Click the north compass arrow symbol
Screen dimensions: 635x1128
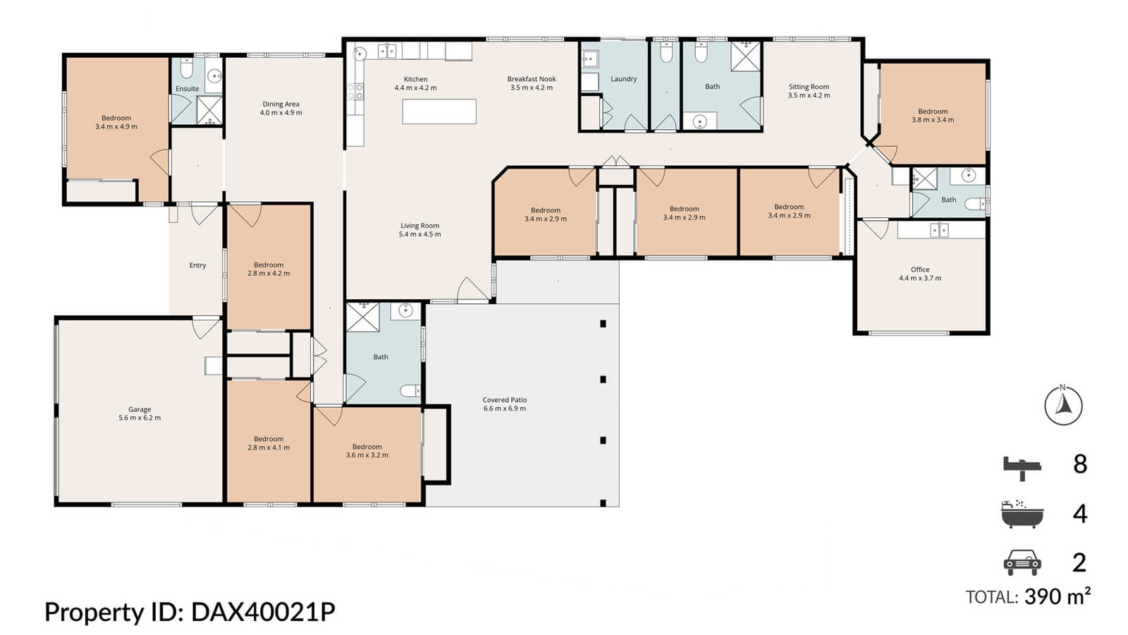click(1063, 405)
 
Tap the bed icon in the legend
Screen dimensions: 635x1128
click(1022, 466)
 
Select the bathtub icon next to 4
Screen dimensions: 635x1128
click(1022, 515)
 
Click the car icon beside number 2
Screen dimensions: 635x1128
click(1022, 562)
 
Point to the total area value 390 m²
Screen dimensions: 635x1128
click(1057, 597)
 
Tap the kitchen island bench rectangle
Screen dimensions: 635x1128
click(439, 111)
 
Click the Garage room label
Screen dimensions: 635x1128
click(140, 409)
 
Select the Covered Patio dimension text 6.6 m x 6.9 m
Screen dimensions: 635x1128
click(505, 409)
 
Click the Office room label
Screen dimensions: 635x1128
click(919, 270)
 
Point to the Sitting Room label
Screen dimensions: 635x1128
click(809, 87)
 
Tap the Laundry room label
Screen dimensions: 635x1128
click(623, 79)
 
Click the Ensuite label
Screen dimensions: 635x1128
click(187, 89)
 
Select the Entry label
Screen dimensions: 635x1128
click(197, 265)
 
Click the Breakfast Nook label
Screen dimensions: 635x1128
click(532, 79)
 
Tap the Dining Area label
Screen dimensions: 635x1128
click(281, 104)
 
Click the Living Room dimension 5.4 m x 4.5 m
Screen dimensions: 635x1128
click(419, 234)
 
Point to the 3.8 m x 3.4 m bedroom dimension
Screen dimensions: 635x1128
click(933, 120)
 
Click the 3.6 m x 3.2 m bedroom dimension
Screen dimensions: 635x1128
click(367, 455)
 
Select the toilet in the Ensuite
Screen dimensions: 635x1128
click(185, 69)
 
